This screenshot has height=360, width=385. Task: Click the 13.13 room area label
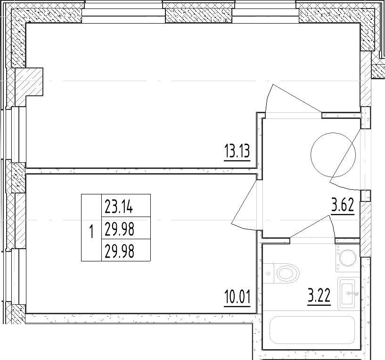(x=237, y=151)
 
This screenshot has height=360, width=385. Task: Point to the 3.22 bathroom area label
(x=319, y=295)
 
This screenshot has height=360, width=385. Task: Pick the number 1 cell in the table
(x=91, y=227)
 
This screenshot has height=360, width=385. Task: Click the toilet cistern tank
(x=269, y=274)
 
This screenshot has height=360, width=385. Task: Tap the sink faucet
(x=352, y=293)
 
